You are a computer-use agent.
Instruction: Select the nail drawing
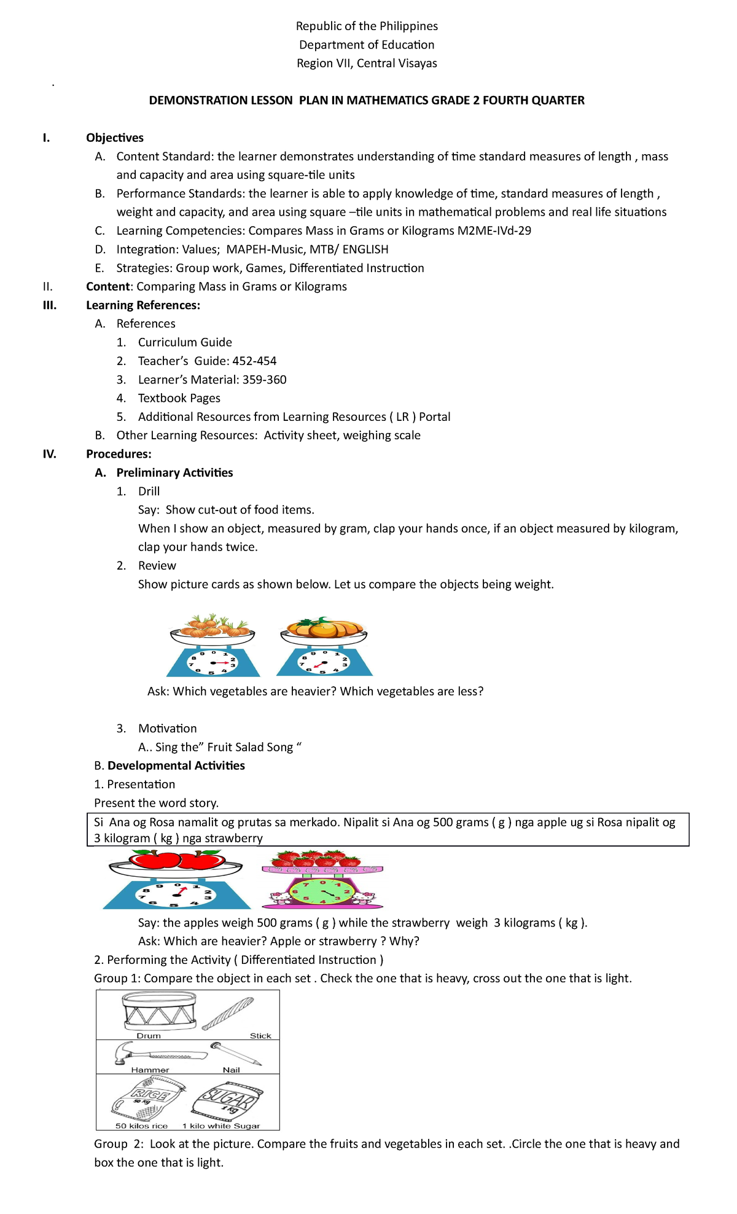236,1053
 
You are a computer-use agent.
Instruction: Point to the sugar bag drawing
228,1102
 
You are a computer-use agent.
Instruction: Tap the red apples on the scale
176,860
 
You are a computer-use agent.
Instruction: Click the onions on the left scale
212,626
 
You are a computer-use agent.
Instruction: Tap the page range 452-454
254,361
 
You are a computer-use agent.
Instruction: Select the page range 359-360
264,380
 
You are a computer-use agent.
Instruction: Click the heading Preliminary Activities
174,472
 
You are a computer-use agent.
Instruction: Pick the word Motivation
167,729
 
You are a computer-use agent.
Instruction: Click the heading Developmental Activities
176,766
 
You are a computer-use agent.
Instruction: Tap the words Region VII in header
323,63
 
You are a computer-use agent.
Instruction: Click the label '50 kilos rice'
141,1126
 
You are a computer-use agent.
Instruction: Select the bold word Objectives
115,138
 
